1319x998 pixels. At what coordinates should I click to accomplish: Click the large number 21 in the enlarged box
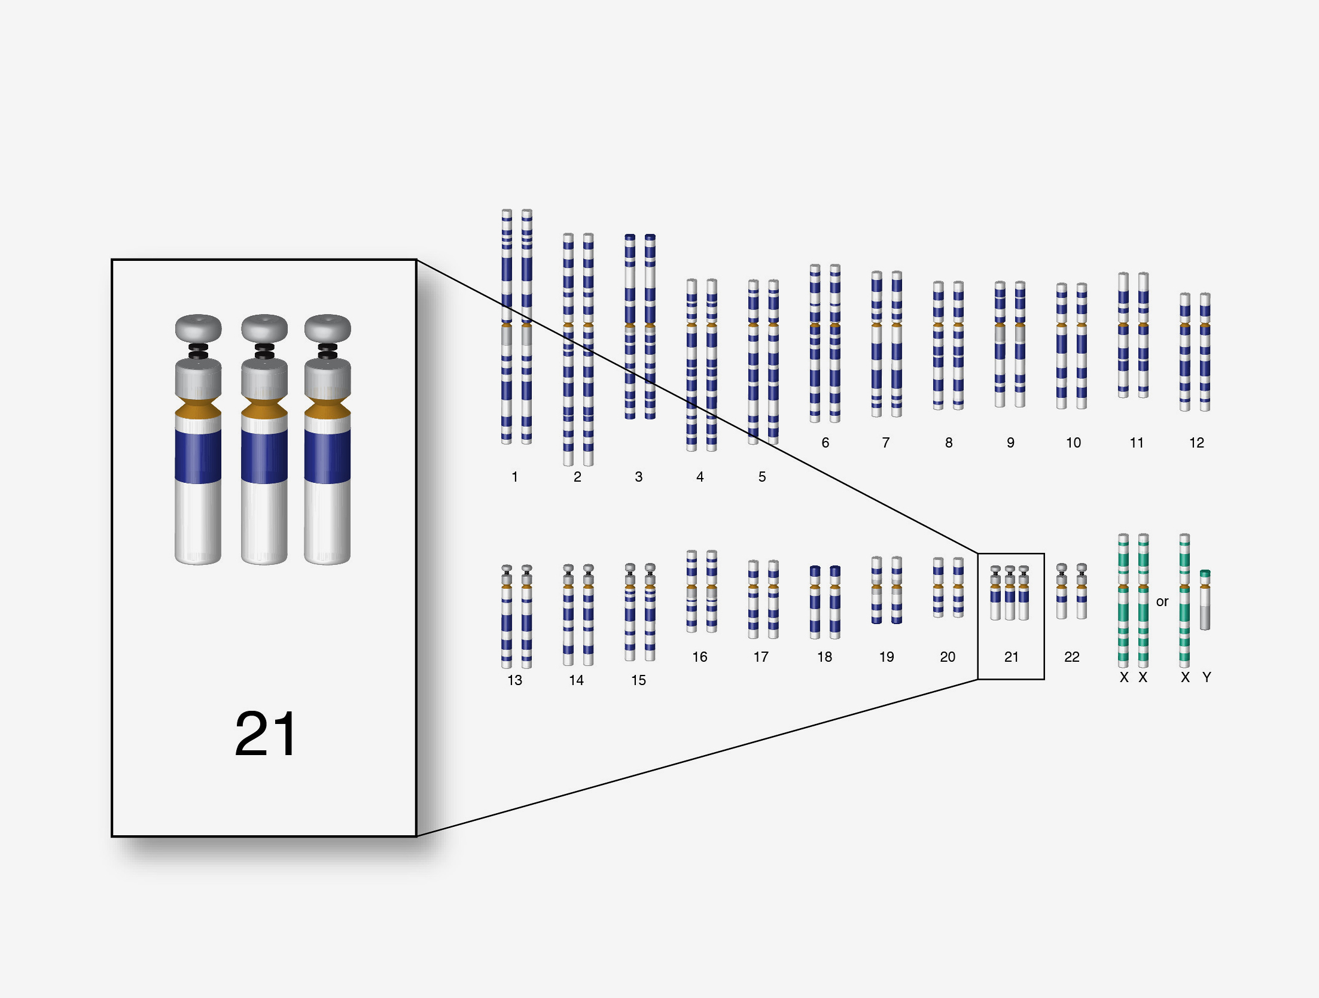coord(265,734)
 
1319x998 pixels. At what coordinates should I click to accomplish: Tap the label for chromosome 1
coord(514,477)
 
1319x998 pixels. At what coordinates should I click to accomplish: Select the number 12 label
coord(1196,443)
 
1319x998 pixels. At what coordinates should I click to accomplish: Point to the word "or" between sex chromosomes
coord(1162,601)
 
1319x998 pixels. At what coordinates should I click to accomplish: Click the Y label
coord(1207,677)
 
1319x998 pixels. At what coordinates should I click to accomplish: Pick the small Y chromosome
coord(1205,600)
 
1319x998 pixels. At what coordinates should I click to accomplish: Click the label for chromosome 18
coord(824,657)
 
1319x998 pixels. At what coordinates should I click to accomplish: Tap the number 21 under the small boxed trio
coord(1011,657)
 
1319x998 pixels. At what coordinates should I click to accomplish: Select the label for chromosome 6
coord(825,443)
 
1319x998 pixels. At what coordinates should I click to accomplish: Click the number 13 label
coord(514,680)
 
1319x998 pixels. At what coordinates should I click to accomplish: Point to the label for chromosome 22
coord(1071,657)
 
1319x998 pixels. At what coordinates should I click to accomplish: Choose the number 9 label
coord(1010,443)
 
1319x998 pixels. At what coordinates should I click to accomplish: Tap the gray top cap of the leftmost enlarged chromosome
coord(198,327)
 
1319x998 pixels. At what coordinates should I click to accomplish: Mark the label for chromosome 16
coord(699,657)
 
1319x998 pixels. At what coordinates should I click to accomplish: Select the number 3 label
coord(638,477)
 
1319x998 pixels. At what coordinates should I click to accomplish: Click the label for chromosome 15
coord(638,680)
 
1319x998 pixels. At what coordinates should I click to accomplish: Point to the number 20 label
coord(948,657)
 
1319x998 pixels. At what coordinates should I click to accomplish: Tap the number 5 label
coord(761,477)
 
